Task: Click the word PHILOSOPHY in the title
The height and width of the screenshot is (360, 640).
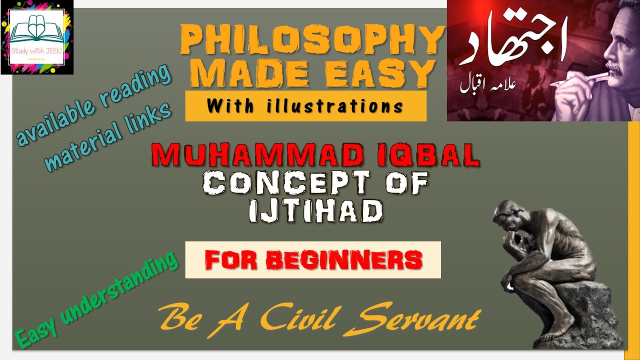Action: point(312,41)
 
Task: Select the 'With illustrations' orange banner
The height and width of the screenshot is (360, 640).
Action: point(305,105)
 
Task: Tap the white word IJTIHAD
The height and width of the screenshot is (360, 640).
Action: point(316,211)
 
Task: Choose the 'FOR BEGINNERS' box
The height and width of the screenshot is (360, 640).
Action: point(313,259)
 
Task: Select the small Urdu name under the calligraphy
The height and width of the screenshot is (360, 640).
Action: point(488,83)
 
